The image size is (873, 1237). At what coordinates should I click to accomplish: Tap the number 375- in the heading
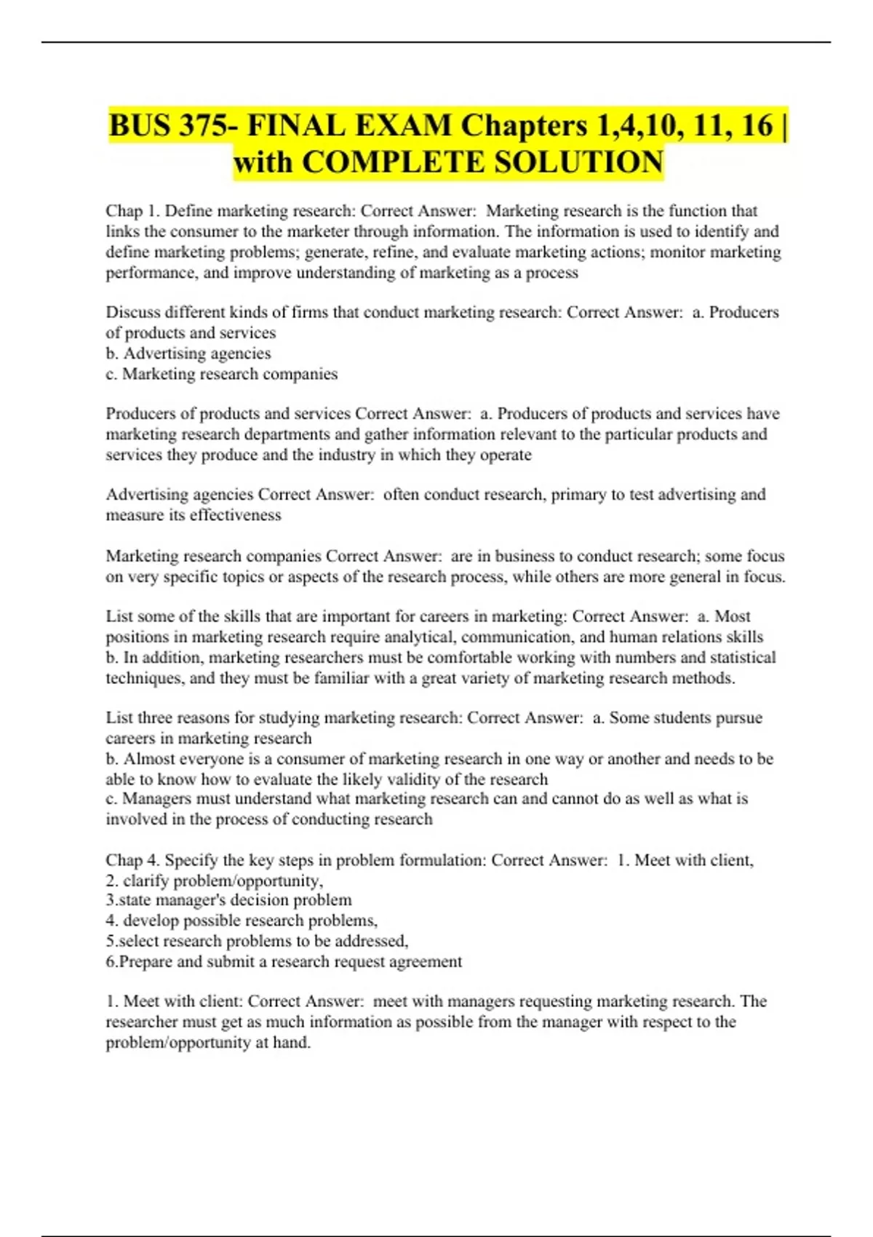[x=207, y=125]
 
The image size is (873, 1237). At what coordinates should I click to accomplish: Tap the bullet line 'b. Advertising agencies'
[x=188, y=353]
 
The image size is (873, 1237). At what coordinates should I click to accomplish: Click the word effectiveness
[x=235, y=515]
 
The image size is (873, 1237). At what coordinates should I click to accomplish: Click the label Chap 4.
[x=132, y=860]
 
